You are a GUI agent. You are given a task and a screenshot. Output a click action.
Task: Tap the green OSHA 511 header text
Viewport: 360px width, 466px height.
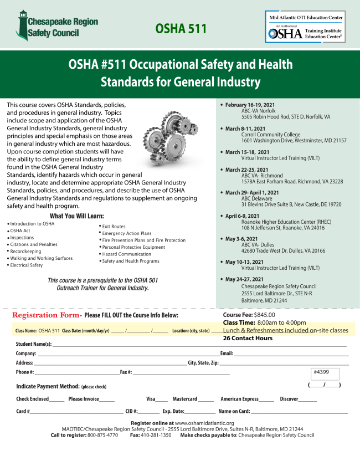pos(181,28)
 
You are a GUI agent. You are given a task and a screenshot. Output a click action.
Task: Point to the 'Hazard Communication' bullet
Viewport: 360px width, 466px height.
pos(126,254)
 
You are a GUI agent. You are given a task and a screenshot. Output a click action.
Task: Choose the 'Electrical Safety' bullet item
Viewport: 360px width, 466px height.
pos(26,265)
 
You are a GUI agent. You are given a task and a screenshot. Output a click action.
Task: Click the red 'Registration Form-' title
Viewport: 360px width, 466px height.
pos(48,315)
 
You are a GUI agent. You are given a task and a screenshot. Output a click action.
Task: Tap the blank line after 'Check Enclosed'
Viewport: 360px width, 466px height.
pos(56,400)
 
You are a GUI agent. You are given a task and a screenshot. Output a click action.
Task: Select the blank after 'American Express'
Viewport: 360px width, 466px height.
pos(266,400)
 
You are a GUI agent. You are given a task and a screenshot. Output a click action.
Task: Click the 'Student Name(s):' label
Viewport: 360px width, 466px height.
pos(34,344)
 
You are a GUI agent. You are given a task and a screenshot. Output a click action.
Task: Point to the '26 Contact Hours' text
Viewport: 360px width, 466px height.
pos(248,338)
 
